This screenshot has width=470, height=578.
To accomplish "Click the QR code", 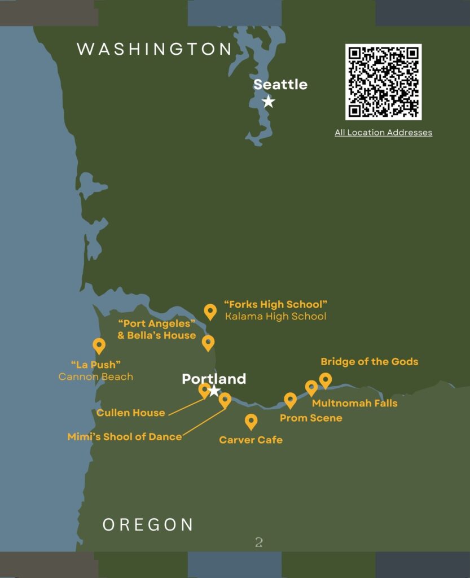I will (x=383, y=82).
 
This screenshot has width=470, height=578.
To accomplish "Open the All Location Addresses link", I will (x=383, y=133).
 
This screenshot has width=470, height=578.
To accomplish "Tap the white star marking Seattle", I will (x=269, y=102).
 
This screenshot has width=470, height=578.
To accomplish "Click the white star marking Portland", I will (x=214, y=391).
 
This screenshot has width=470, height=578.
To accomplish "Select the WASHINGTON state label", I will (x=154, y=49).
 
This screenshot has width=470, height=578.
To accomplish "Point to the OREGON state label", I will (x=148, y=524).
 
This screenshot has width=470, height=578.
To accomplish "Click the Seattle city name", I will (x=280, y=85).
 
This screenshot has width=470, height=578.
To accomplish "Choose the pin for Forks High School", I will (x=210, y=311).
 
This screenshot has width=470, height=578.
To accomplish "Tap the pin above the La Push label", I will (x=99, y=345).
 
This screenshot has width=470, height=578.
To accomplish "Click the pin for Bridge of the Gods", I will (x=325, y=380).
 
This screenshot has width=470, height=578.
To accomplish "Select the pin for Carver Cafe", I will (x=251, y=421).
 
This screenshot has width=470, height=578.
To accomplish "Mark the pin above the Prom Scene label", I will (x=290, y=400).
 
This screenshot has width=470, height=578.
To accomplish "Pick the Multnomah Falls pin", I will (x=311, y=388).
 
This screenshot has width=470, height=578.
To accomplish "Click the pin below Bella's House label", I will (x=208, y=342).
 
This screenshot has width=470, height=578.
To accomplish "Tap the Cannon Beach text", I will (x=96, y=376).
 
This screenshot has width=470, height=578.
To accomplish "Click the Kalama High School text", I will (x=275, y=316).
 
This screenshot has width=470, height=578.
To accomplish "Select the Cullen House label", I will (x=130, y=413).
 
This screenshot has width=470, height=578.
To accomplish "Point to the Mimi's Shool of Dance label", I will (x=125, y=436).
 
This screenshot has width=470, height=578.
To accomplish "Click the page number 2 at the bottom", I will (x=258, y=542).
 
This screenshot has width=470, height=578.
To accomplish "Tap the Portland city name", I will (x=214, y=379).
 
